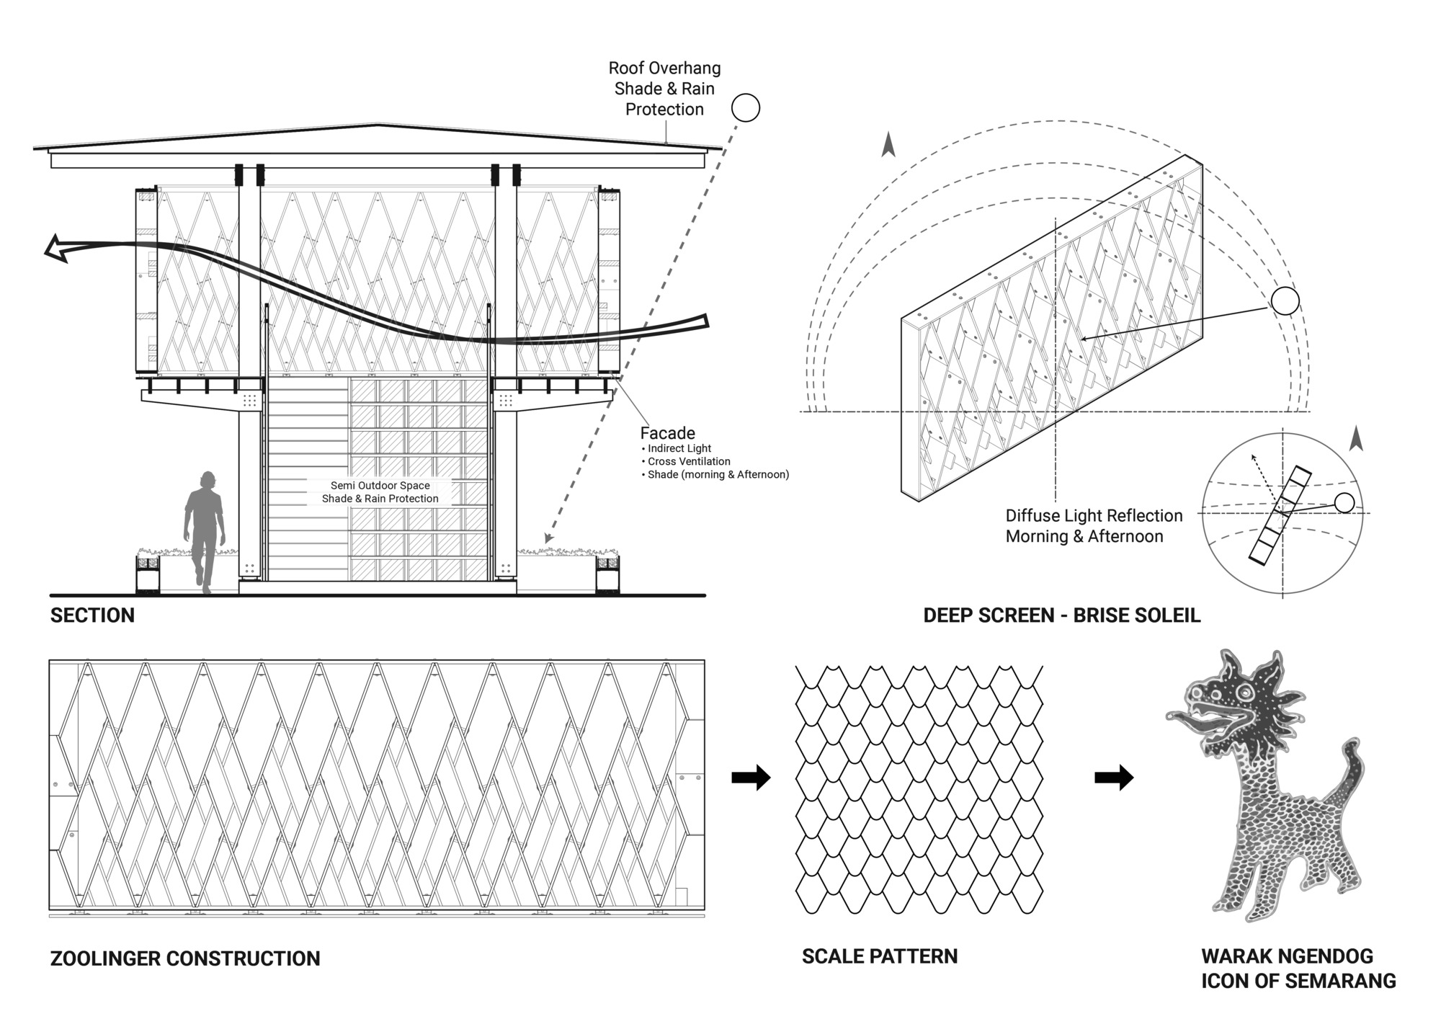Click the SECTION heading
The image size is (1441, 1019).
click(92, 615)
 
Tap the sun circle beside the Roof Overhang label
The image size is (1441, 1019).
click(746, 108)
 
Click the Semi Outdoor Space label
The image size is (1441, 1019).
click(380, 486)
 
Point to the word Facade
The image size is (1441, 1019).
click(667, 433)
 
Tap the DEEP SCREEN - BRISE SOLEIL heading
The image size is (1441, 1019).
click(1061, 615)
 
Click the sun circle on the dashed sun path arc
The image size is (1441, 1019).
click(1285, 301)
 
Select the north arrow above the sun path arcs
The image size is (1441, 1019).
click(888, 145)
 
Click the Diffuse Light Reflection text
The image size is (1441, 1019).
click(1094, 516)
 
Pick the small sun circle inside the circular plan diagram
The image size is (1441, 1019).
click(1344, 502)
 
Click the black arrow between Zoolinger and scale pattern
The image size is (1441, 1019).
click(751, 778)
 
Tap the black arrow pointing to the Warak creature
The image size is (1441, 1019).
click(1114, 778)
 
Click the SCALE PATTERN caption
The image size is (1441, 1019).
click(880, 956)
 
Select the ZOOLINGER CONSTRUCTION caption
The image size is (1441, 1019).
click(185, 958)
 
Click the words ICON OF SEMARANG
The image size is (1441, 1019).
click(1298, 981)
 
